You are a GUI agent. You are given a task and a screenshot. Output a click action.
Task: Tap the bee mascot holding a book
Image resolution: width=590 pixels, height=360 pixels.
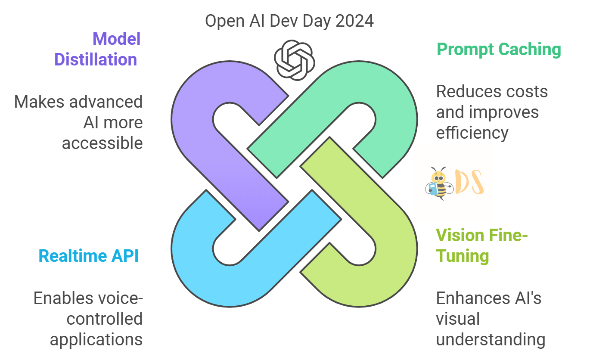tap(438, 183)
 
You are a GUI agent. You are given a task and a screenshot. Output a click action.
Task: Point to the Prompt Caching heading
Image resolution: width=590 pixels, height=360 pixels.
tap(499, 50)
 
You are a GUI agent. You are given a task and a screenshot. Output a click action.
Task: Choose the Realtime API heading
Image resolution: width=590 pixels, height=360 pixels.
tap(89, 256)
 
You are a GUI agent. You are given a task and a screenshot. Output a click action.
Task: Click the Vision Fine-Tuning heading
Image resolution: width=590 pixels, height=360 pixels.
tap(481, 245)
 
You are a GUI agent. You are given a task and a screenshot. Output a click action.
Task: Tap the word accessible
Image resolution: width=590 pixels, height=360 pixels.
tap(102, 143)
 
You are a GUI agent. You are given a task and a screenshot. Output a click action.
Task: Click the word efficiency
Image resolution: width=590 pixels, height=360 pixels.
tap(472, 133)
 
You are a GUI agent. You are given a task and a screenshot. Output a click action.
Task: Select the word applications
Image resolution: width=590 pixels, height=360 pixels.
tap(96, 339)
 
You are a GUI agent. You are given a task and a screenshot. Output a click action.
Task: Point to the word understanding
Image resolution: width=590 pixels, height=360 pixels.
tap(491, 339)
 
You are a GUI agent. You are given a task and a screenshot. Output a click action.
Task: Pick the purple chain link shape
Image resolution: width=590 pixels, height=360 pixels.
tap(194, 129)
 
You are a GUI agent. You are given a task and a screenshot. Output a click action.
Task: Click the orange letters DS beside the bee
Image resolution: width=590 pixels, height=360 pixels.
tap(469, 183)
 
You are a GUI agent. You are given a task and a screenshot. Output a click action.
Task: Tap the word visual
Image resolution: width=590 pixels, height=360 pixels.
tap(457, 319)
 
